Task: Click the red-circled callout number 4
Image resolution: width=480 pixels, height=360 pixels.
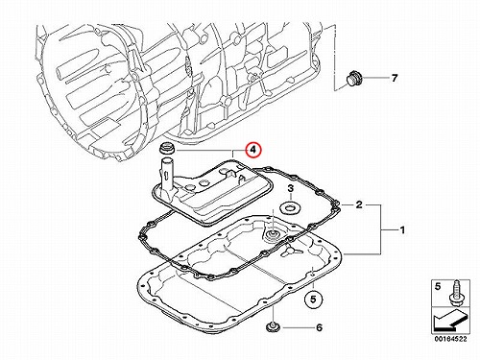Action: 253,150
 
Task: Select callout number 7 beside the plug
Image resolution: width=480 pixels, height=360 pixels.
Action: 395,78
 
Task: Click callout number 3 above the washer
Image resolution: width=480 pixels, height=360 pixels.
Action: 290,189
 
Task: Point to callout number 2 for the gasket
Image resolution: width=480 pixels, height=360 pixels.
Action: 359,204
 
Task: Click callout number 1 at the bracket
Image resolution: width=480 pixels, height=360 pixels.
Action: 402,229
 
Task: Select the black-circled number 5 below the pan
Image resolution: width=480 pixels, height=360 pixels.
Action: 313,299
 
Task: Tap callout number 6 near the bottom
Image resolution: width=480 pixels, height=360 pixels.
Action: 319,327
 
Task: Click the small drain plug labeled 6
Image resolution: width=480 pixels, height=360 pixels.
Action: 273,327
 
